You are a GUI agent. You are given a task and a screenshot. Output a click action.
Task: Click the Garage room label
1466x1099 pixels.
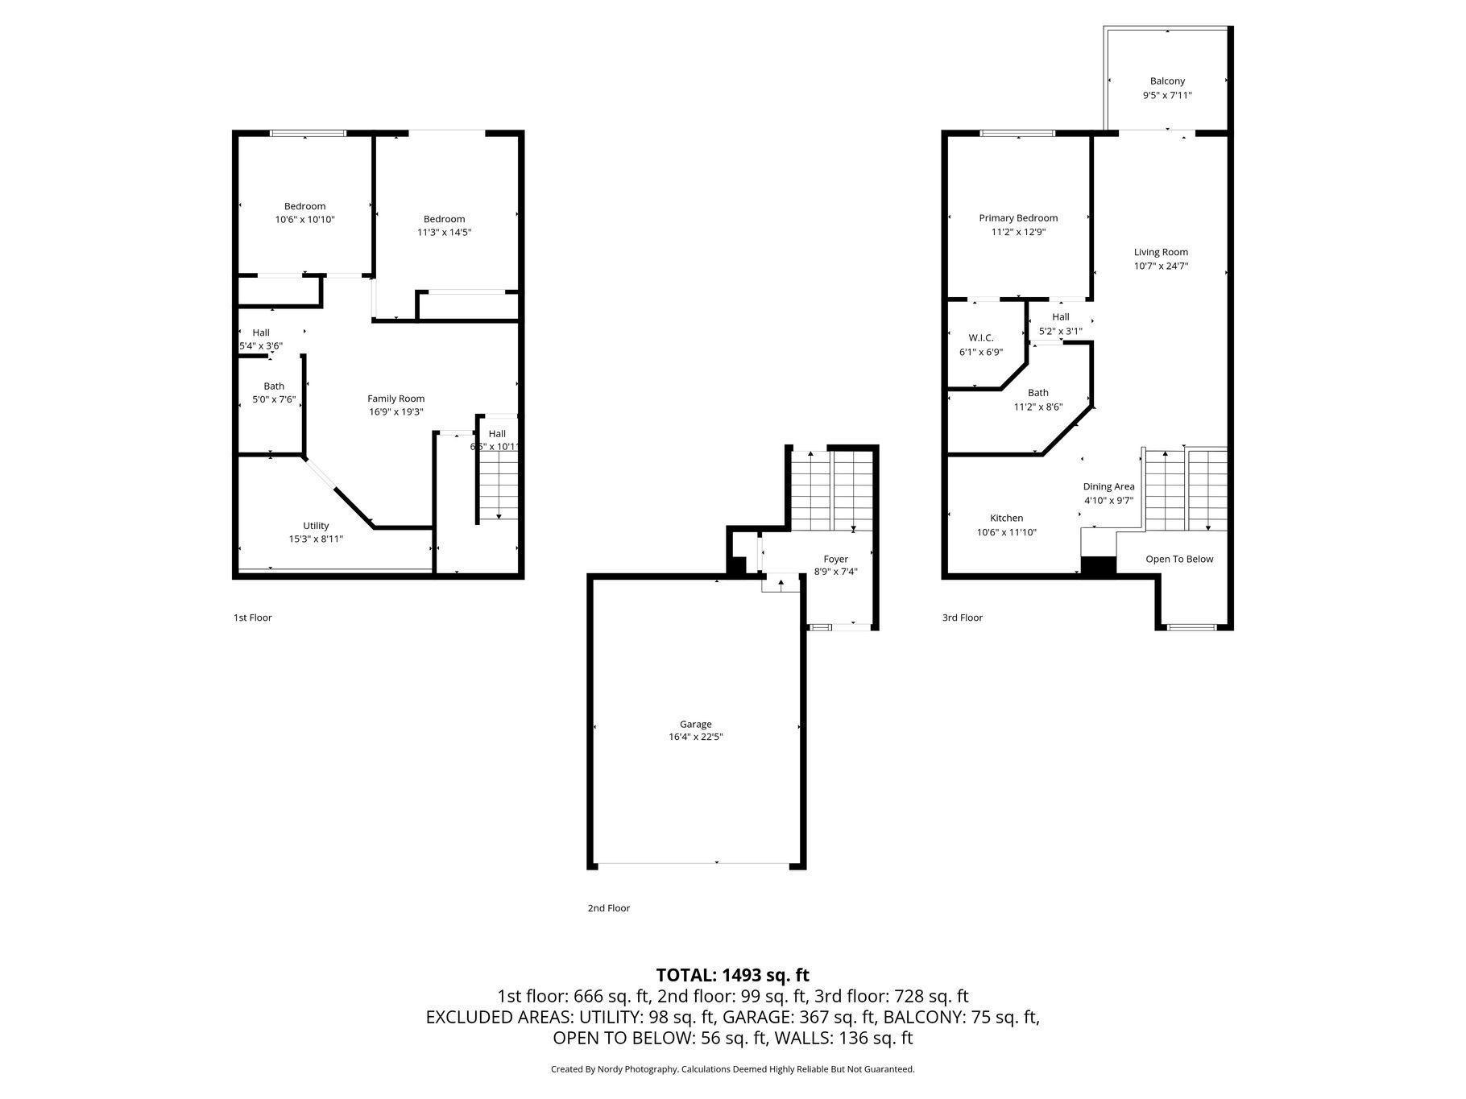click(695, 724)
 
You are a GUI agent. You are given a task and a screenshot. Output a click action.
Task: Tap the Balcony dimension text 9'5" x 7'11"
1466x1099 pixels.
click(1167, 95)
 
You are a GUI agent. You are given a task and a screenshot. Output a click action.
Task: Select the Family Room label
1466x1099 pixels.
click(395, 399)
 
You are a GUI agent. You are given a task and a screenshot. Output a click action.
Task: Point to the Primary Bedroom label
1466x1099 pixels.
click(1018, 218)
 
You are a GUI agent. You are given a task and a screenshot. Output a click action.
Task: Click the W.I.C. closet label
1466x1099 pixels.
click(981, 338)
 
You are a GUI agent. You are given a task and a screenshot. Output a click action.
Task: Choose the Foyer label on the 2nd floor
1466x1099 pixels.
click(835, 559)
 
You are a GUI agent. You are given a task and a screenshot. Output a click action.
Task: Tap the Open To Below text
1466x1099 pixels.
click(1179, 559)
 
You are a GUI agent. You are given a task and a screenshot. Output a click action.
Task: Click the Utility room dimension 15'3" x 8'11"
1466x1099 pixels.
click(316, 539)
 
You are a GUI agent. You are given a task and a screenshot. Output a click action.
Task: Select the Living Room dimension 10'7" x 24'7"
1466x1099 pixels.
click(1161, 266)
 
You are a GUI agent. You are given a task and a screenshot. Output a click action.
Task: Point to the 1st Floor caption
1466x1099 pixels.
click(253, 618)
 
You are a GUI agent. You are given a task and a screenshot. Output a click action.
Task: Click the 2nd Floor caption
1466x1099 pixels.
click(608, 908)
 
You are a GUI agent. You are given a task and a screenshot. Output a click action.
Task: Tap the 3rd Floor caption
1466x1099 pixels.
click(963, 618)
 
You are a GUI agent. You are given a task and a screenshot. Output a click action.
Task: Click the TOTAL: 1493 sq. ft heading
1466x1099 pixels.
click(732, 975)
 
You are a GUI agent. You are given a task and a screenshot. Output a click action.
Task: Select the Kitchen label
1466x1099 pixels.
click(1006, 519)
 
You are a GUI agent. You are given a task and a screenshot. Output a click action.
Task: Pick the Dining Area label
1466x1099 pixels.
click(1108, 486)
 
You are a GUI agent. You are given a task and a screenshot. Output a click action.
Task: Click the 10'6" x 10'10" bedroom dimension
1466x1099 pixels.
click(304, 219)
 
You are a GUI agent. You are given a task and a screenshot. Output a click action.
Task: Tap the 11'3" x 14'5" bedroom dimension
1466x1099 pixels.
click(444, 232)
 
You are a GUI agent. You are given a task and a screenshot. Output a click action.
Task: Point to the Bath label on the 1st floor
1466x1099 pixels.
click(274, 386)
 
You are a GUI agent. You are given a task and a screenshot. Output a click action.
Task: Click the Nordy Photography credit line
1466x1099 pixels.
click(732, 1069)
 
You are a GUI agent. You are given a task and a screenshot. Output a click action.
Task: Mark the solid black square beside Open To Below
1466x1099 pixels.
click(1098, 566)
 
